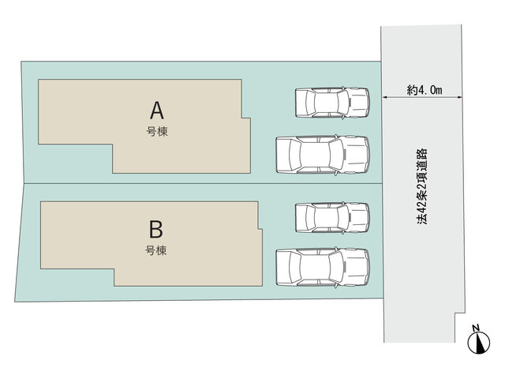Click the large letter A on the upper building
click(157, 111)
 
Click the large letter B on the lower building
click(156, 229)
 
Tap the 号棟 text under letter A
click(157, 132)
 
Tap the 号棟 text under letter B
click(156, 250)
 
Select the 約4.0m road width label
click(425, 90)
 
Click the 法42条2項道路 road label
click(421, 186)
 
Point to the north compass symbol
click(479, 342)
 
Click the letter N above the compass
click(476, 328)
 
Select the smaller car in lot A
click(332, 103)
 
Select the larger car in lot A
click(323, 155)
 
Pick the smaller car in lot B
click(332, 218)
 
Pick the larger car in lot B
click(323, 267)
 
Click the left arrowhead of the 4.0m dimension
click(384, 97)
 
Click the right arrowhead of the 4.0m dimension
click(459, 97)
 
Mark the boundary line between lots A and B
click(204, 184)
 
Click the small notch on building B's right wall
click(260, 229)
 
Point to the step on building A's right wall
click(246, 118)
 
